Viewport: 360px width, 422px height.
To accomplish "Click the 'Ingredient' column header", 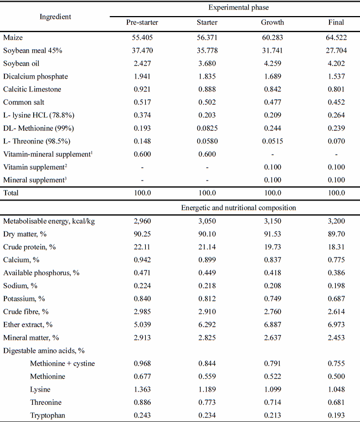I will pos(55,16).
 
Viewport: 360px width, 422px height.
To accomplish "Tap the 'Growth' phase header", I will pos(272,23).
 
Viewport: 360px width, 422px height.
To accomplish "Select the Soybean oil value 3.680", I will pos(207,63).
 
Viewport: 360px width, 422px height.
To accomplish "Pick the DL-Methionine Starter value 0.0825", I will pos(207,128).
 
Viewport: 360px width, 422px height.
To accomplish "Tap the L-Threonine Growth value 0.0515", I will pos(272,141).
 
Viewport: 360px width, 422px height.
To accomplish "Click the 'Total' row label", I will pos(11,193).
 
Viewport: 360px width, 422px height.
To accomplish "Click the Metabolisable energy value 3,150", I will pos(272,221).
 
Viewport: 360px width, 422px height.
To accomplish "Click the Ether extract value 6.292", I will pos(207,325).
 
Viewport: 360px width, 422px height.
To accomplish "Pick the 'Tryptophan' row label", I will pos(45,415).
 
